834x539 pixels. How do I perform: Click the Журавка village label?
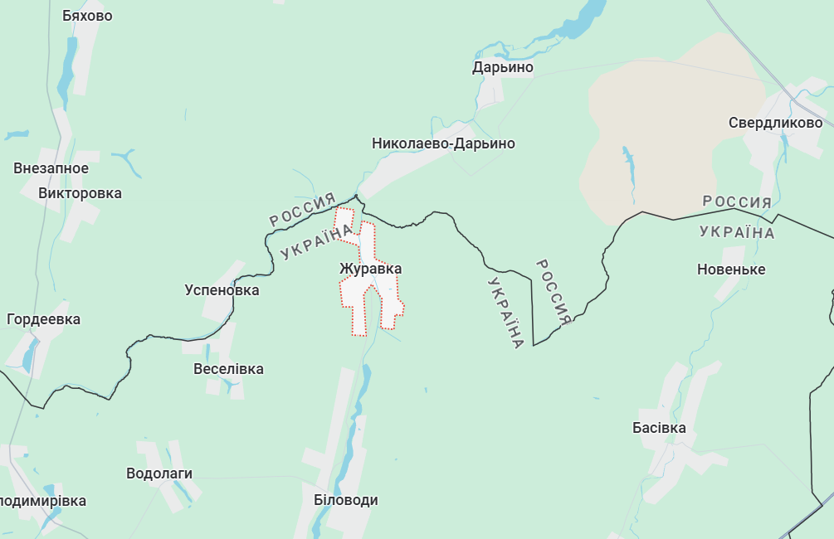click(370, 269)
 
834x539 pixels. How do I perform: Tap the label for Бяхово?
click(87, 16)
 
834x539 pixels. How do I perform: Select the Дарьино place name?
click(503, 67)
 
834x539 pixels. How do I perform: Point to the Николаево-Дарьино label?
click(443, 143)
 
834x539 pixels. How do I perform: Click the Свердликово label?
click(775, 123)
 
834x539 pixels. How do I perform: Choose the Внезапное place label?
click(51, 168)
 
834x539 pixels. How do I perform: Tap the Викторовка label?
click(80, 193)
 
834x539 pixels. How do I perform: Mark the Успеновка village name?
click(222, 290)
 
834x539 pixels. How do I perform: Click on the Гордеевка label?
click(43, 319)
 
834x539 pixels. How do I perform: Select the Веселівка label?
click(228, 369)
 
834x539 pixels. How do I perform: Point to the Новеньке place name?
click(731, 269)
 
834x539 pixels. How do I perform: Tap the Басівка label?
click(659, 428)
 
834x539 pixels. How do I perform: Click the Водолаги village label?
click(159, 473)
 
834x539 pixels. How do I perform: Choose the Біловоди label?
click(345, 500)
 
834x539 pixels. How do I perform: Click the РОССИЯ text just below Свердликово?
click(737, 202)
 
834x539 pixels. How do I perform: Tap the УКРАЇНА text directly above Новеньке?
click(737, 231)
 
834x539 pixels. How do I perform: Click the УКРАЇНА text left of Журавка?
click(315, 243)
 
